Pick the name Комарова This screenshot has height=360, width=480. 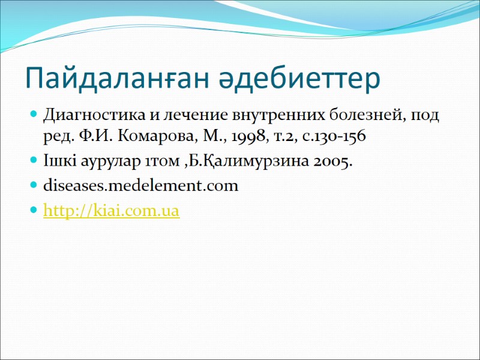point(152,137)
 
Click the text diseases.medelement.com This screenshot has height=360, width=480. point(141,186)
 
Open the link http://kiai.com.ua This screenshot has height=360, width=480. point(112,211)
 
